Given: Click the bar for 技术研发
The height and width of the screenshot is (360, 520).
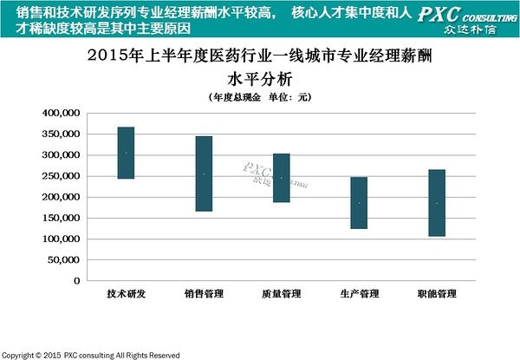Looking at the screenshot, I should [x=126, y=153].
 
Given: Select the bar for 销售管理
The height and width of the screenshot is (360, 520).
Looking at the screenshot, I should [x=204, y=173].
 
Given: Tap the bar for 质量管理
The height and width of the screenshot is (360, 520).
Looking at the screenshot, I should [x=282, y=178].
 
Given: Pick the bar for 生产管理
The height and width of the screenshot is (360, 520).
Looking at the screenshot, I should [x=359, y=203].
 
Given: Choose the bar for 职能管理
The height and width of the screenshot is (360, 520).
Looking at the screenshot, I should [x=437, y=203].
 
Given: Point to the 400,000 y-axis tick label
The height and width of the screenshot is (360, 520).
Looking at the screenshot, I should [x=62, y=114].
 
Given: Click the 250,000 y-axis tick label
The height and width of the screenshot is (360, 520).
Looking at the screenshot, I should [x=62, y=176].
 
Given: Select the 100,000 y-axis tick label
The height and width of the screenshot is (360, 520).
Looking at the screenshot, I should [x=62, y=239].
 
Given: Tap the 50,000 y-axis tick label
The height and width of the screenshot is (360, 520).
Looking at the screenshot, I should [x=64, y=260].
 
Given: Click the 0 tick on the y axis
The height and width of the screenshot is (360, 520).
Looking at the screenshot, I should [x=76, y=281].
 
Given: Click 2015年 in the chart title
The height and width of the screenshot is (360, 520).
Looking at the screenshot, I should [x=114, y=58].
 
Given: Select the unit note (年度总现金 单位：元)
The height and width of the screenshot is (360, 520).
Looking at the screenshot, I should [x=260, y=96].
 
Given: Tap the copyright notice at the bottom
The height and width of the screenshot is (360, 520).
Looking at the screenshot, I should [x=90, y=355].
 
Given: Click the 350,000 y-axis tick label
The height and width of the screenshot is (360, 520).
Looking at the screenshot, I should [x=62, y=134].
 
